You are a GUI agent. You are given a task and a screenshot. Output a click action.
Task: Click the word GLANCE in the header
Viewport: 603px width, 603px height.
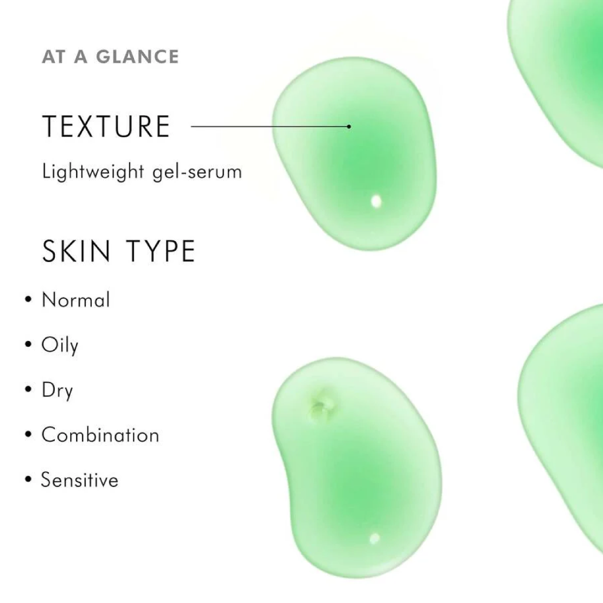click(137, 57)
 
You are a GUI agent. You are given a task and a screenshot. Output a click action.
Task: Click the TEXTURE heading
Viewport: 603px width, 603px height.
click(106, 126)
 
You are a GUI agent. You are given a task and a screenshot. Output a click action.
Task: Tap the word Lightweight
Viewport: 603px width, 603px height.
click(93, 171)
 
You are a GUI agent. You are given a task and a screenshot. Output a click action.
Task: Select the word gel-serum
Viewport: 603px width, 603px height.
click(197, 172)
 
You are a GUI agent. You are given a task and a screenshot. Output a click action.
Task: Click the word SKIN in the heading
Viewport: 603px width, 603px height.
click(77, 251)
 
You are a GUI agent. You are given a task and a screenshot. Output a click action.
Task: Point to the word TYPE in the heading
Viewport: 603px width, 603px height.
click(161, 251)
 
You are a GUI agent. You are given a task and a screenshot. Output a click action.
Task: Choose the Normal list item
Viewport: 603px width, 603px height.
click(76, 300)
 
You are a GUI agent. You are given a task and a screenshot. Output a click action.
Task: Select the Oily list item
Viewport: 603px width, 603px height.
click(59, 345)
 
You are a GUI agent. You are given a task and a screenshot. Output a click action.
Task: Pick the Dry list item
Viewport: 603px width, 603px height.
click(57, 390)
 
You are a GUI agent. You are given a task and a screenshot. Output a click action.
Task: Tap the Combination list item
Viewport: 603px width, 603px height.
click(100, 435)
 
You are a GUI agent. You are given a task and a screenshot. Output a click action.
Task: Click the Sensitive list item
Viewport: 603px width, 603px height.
click(79, 479)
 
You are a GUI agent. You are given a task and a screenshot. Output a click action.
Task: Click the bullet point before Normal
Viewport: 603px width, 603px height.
click(28, 300)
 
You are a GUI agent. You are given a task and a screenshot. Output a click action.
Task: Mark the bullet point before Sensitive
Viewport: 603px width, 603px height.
click(28, 479)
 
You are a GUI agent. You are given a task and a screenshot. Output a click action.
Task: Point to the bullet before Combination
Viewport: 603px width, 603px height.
click(28, 435)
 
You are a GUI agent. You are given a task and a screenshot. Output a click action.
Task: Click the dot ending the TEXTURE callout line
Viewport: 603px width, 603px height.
click(349, 126)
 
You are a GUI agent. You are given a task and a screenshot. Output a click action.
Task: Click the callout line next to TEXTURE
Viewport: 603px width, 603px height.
click(270, 126)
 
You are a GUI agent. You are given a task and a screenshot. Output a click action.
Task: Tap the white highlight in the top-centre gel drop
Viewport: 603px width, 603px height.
click(376, 201)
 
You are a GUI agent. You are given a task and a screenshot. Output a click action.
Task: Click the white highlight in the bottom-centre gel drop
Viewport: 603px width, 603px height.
click(374, 538)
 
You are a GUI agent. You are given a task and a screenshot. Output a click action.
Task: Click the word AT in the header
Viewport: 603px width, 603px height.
click(53, 57)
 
